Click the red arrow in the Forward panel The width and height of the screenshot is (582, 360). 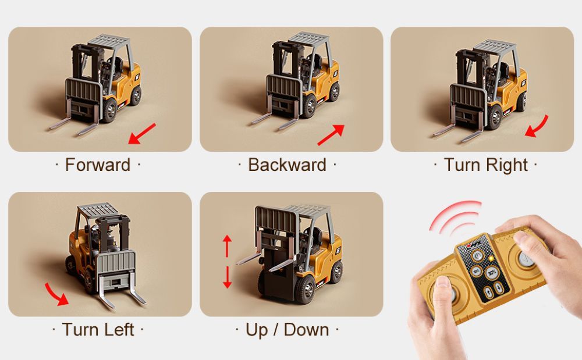click(x=142, y=133)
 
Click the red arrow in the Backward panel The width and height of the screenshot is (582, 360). click(x=331, y=134)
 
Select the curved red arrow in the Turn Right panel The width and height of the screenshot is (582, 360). click(x=537, y=127)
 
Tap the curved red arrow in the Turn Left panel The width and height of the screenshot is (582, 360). click(x=56, y=294)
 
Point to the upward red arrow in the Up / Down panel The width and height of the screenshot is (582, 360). click(x=227, y=246)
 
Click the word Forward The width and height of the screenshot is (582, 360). click(x=98, y=165)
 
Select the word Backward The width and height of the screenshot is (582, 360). click(x=288, y=165)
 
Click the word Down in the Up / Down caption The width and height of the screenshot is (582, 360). click(x=307, y=330)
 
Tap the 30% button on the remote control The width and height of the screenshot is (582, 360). click(x=492, y=273)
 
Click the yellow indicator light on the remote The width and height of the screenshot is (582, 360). click(x=491, y=258)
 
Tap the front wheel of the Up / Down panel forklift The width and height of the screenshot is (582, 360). click(x=305, y=289)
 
